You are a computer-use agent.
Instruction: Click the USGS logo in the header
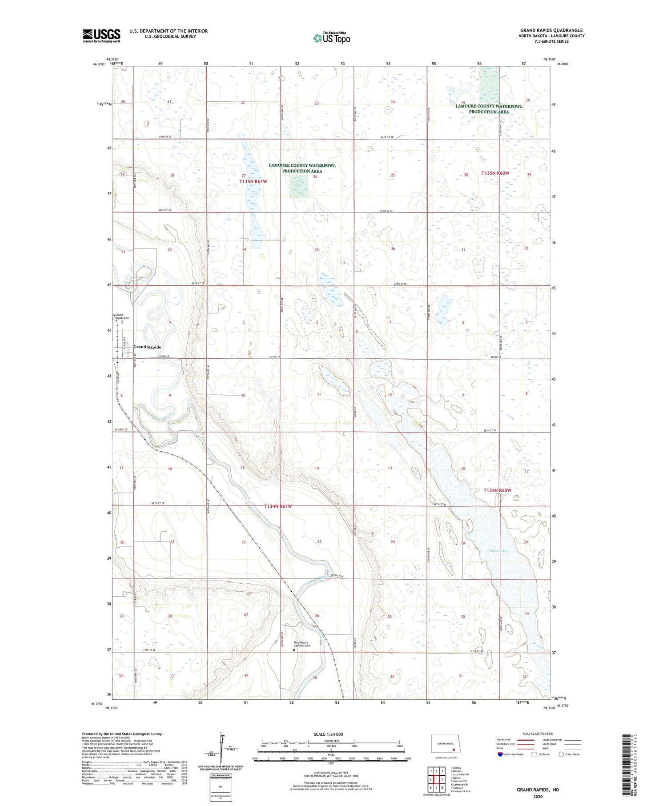pyautogui.click(x=101, y=36)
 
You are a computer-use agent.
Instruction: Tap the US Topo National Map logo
pyautogui.click(x=331, y=38)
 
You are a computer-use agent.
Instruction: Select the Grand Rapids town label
pyautogui.click(x=147, y=347)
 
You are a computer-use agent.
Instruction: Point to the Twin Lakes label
pyautogui.click(x=498, y=551)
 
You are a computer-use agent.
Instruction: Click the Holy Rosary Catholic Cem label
pyautogui.click(x=301, y=644)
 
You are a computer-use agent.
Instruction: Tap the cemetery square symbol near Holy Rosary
pyautogui.click(x=293, y=650)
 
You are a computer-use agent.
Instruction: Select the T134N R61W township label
pyautogui.click(x=278, y=506)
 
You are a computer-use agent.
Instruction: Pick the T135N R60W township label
pyautogui.click(x=495, y=173)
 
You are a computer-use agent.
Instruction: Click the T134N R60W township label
pyautogui.click(x=497, y=490)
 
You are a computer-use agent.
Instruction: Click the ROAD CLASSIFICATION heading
pyautogui.click(x=538, y=734)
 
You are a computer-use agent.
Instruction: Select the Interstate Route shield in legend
pyautogui.click(x=500, y=754)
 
